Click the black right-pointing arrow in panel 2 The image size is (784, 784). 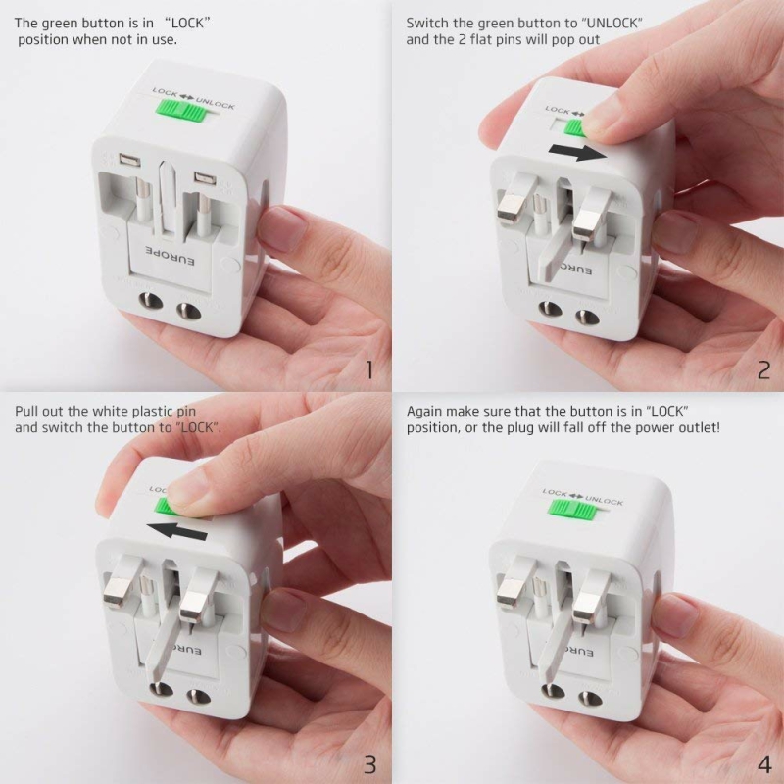tap(577, 152)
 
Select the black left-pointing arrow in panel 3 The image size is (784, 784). tap(177, 530)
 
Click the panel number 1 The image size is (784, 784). tap(369, 370)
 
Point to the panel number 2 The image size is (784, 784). tap(763, 370)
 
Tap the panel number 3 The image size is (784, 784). tap(369, 764)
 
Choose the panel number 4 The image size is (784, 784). tap(764, 764)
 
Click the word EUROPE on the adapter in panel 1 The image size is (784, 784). tap(170, 255)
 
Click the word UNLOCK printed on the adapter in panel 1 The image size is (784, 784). tap(215, 103)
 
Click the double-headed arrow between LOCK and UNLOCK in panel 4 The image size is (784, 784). tap(576, 496)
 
